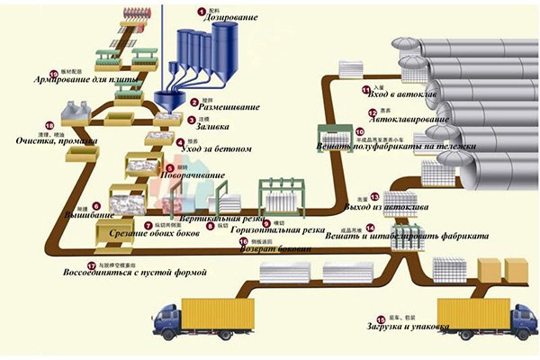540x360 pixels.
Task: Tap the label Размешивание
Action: coord(220,104)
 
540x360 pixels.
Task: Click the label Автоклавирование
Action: coord(408,119)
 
